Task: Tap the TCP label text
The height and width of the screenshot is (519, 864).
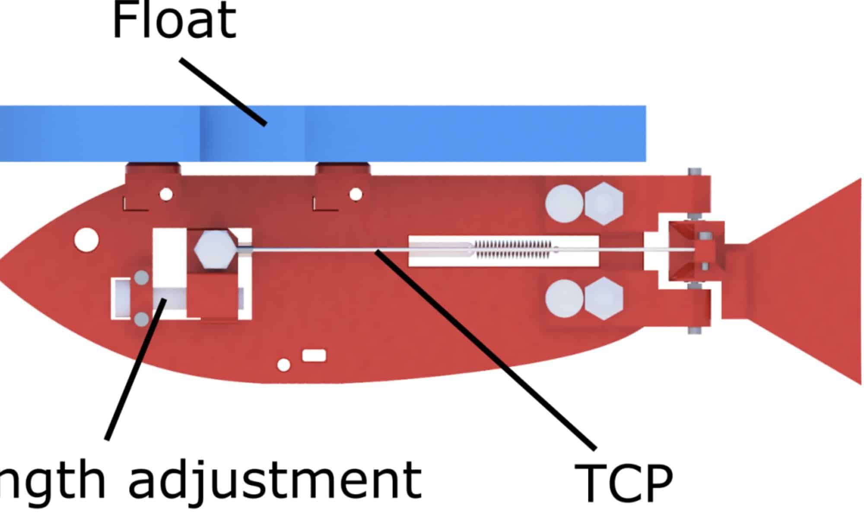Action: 623,482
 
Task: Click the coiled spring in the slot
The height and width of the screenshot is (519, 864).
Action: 513,250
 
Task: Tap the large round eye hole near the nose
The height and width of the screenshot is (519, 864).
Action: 86,239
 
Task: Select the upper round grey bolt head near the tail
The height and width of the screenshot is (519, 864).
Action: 564,203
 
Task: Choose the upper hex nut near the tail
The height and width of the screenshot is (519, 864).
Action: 604,203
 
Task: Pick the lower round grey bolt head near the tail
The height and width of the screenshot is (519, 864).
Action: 564,298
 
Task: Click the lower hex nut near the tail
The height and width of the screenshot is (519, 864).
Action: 604,298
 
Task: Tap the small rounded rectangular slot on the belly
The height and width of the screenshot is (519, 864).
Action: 314,356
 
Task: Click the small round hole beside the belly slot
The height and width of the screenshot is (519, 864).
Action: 283,365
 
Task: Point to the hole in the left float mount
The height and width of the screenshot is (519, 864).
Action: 166,194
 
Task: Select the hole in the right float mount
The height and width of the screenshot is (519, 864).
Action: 356,194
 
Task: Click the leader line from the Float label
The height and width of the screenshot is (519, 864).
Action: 222,92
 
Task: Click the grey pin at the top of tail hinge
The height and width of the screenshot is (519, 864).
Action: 694,172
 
